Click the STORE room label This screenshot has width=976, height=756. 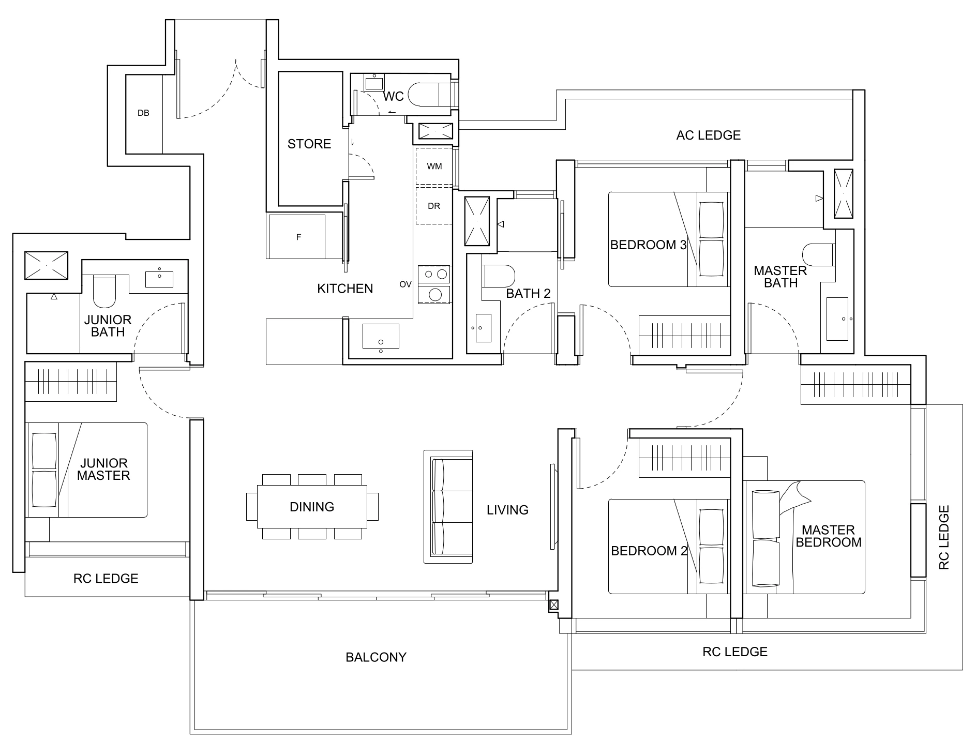309,144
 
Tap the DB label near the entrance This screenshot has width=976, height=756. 143,113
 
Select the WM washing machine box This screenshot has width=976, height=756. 434,166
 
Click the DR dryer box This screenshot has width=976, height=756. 433,206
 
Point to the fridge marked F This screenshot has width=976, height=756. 298,237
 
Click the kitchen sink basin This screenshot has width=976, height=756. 381,336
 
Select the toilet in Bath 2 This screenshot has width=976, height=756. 499,276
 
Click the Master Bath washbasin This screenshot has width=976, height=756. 837,319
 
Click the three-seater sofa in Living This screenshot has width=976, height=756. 448,506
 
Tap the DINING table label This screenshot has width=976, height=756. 312,507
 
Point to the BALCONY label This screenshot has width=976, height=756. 376,657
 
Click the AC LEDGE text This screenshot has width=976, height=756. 708,135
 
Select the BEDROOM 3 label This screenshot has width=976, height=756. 649,245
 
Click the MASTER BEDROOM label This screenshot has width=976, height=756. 829,536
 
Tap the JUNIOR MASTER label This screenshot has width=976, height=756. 103,469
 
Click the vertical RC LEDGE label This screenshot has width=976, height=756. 944,538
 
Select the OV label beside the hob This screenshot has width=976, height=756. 405,284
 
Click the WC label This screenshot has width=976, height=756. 393,97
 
